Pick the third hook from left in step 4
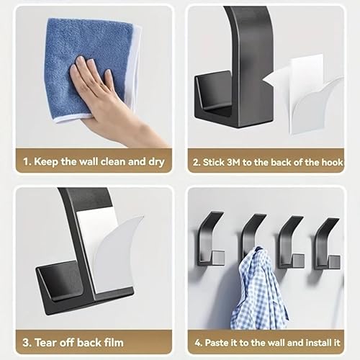click(289, 241)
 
